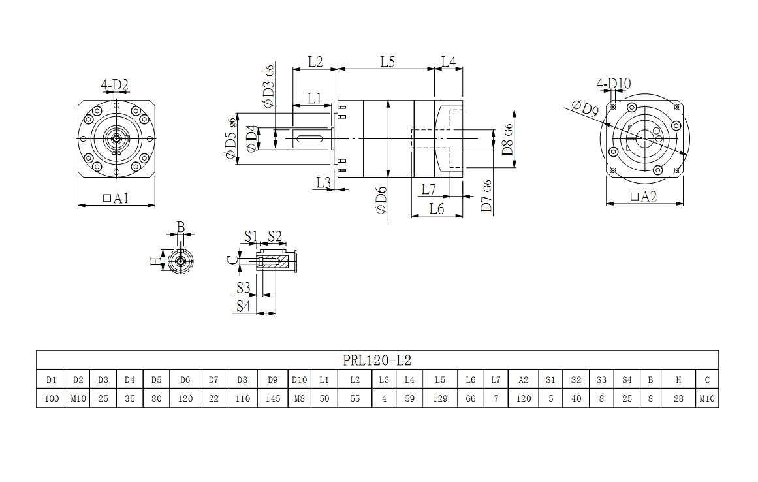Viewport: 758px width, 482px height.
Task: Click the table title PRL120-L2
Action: (x=377, y=360)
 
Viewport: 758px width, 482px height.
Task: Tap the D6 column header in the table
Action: (x=185, y=379)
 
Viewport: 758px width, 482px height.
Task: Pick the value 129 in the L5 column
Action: (x=439, y=398)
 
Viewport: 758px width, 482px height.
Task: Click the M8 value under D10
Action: (x=299, y=398)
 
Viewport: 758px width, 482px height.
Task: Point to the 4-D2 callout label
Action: (x=114, y=84)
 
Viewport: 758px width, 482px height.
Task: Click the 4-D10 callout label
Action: (x=614, y=83)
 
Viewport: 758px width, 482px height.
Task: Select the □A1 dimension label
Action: (x=116, y=199)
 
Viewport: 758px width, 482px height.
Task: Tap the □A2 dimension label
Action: (x=644, y=197)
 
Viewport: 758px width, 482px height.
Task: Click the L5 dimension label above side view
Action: (x=387, y=62)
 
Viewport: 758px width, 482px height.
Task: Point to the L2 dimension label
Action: (x=315, y=62)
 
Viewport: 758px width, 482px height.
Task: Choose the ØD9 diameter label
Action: (x=584, y=108)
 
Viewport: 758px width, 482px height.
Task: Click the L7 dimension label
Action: (x=428, y=189)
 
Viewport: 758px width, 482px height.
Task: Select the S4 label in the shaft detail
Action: (x=244, y=305)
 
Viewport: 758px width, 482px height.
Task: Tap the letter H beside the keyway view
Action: (x=155, y=262)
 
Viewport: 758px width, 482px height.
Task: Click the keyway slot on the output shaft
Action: (x=312, y=138)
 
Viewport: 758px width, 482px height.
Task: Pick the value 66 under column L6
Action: (x=471, y=398)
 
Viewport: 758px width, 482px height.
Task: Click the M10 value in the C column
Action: (x=707, y=398)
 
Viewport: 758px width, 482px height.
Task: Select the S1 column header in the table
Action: (x=550, y=379)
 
